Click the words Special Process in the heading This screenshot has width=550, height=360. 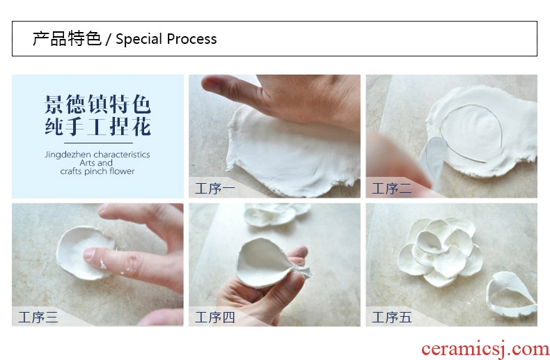(x=166, y=39)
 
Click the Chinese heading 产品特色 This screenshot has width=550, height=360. (x=67, y=38)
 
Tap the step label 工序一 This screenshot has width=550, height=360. (x=214, y=189)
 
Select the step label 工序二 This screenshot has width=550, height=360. (x=391, y=189)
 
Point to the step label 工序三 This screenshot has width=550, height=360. (x=38, y=318)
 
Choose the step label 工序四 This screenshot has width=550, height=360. (x=214, y=318)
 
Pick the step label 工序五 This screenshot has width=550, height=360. (x=391, y=318)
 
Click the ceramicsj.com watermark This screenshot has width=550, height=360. (x=485, y=349)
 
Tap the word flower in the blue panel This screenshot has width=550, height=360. (x=122, y=171)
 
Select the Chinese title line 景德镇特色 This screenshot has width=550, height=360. (x=98, y=104)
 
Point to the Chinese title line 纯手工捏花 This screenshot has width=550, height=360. (x=98, y=127)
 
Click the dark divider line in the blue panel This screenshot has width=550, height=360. (x=98, y=143)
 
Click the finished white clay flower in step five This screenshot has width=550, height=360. (x=440, y=251)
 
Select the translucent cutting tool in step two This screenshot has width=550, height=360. (x=434, y=157)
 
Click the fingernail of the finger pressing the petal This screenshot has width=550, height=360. (x=89, y=253)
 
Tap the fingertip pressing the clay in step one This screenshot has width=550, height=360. (x=214, y=85)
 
